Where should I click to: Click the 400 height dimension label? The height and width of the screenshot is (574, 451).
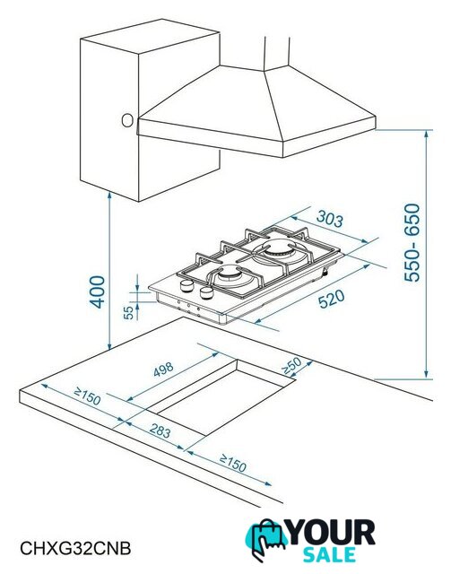pos(98,291)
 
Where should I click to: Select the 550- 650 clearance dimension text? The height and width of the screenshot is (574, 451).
pos(412,243)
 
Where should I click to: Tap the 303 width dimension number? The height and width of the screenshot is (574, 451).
pos(330,219)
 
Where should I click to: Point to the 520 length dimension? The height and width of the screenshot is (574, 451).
pos(332,299)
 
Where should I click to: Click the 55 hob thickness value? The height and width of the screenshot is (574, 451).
pos(128,313)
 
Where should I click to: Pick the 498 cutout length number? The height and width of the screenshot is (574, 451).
pos(163,370)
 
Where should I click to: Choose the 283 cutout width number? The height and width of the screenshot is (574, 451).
pos(160,430)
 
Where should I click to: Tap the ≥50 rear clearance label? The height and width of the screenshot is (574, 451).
pos(291,365)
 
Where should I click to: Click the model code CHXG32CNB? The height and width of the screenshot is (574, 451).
pos(75,548)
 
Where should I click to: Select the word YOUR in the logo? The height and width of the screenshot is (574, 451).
pos(332,533)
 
